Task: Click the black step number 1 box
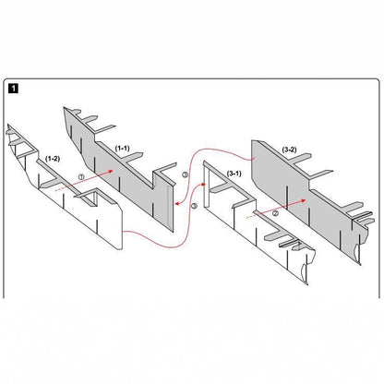pyautogui.click(x=14, y=89)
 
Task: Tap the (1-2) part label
pyautogui.click(x=53, y=159)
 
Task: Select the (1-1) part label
pyautogui.click(x=122, y=148)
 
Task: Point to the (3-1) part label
pyautogui.click(x=234, y=174)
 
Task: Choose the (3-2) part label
pyautogui.click(x=289, y=150)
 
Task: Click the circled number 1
pyautogui.click(x=81, y=177)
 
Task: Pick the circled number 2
pyautogui.click(x=275, y=213)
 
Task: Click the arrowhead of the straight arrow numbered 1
pyautogui.click(x=110, y=172)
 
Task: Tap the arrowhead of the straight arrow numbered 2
pyautogui.click(x=303, y=200)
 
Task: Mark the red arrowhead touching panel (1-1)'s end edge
pyautogui.click(x=176, y=203)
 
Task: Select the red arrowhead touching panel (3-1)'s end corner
pyautogui.click(x=203, y=184)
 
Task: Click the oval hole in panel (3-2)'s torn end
pyautogui.click(x=357, y=251)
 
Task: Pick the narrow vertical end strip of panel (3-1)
pyautogui.click(x=207, y=187)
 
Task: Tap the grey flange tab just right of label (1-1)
pyautogui.click(x=131, y=155)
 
